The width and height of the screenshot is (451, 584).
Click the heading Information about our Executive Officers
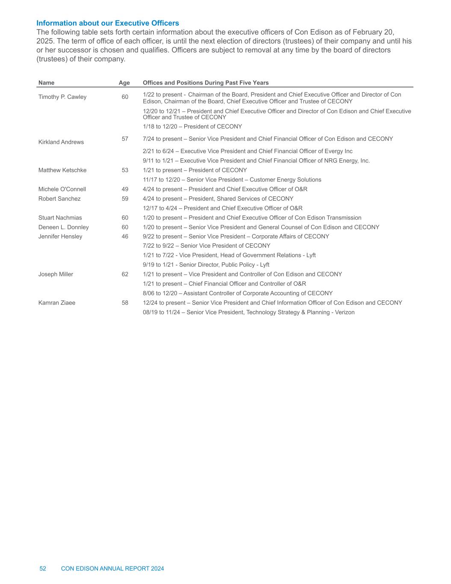[x=108, y=23]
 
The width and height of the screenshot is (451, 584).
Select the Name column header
[x=46, y=83]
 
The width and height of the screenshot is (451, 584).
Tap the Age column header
[x=124, y=83]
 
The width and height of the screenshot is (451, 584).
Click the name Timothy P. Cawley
[x=62, y=97]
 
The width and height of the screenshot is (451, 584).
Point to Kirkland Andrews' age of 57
[x=125, y=139]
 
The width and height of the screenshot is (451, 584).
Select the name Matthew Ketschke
[x=62, y=170]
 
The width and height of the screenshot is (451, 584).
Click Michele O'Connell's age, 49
[x=125, y=189]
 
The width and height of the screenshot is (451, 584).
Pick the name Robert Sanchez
[x=59, y=199]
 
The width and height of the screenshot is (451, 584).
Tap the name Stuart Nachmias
[x=60, y=218]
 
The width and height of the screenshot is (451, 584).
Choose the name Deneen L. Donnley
[x=64, y=227]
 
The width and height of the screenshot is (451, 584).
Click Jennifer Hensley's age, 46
[x=125, y=237]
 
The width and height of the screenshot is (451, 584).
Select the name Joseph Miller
[x=56, y=274]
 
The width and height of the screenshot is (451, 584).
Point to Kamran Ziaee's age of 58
[x=125, y=303]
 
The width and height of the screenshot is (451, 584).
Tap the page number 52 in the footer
[x=43, y=569]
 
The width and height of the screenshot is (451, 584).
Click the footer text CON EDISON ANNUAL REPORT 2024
[x=112, y=569]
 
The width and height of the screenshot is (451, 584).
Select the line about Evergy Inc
[x=248, y=151]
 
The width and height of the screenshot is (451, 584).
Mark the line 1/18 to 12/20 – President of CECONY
[x=192, y=127]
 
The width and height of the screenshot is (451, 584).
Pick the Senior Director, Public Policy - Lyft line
[x=206, y=265]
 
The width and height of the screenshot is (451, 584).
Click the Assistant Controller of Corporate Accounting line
[x=238, y=293]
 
